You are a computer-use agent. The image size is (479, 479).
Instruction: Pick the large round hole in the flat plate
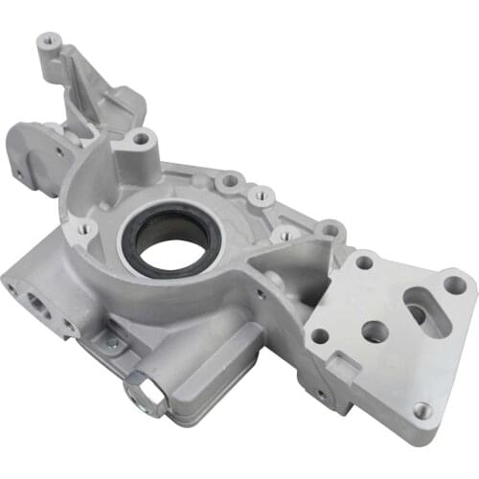pyautogui.click(x=375, y=331)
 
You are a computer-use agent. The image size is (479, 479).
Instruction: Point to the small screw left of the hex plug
pyautogui.click(x=112, y=342)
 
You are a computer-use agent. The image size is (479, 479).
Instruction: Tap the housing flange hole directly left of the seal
pyautogui.click(x=84, y=228)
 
